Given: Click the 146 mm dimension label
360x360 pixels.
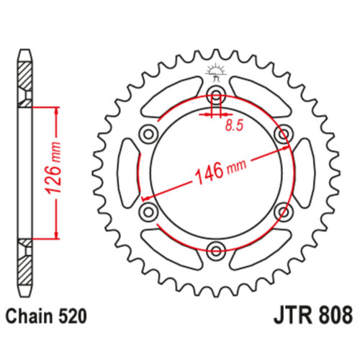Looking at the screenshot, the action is [x=220, y=171].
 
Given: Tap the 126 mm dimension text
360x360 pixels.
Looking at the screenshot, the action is [x=53, y=168].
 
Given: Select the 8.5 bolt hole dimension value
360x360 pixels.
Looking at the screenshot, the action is [x=234, y=125].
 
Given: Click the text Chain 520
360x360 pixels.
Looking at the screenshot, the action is [x=46, y=316].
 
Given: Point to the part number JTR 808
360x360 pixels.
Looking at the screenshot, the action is [x=313, y=315].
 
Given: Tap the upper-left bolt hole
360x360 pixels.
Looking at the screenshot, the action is [x=148, y=134].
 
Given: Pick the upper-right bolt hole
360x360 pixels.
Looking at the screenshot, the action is [x=284, y=134].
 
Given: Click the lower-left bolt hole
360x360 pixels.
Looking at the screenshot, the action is [x=148, y=212].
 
